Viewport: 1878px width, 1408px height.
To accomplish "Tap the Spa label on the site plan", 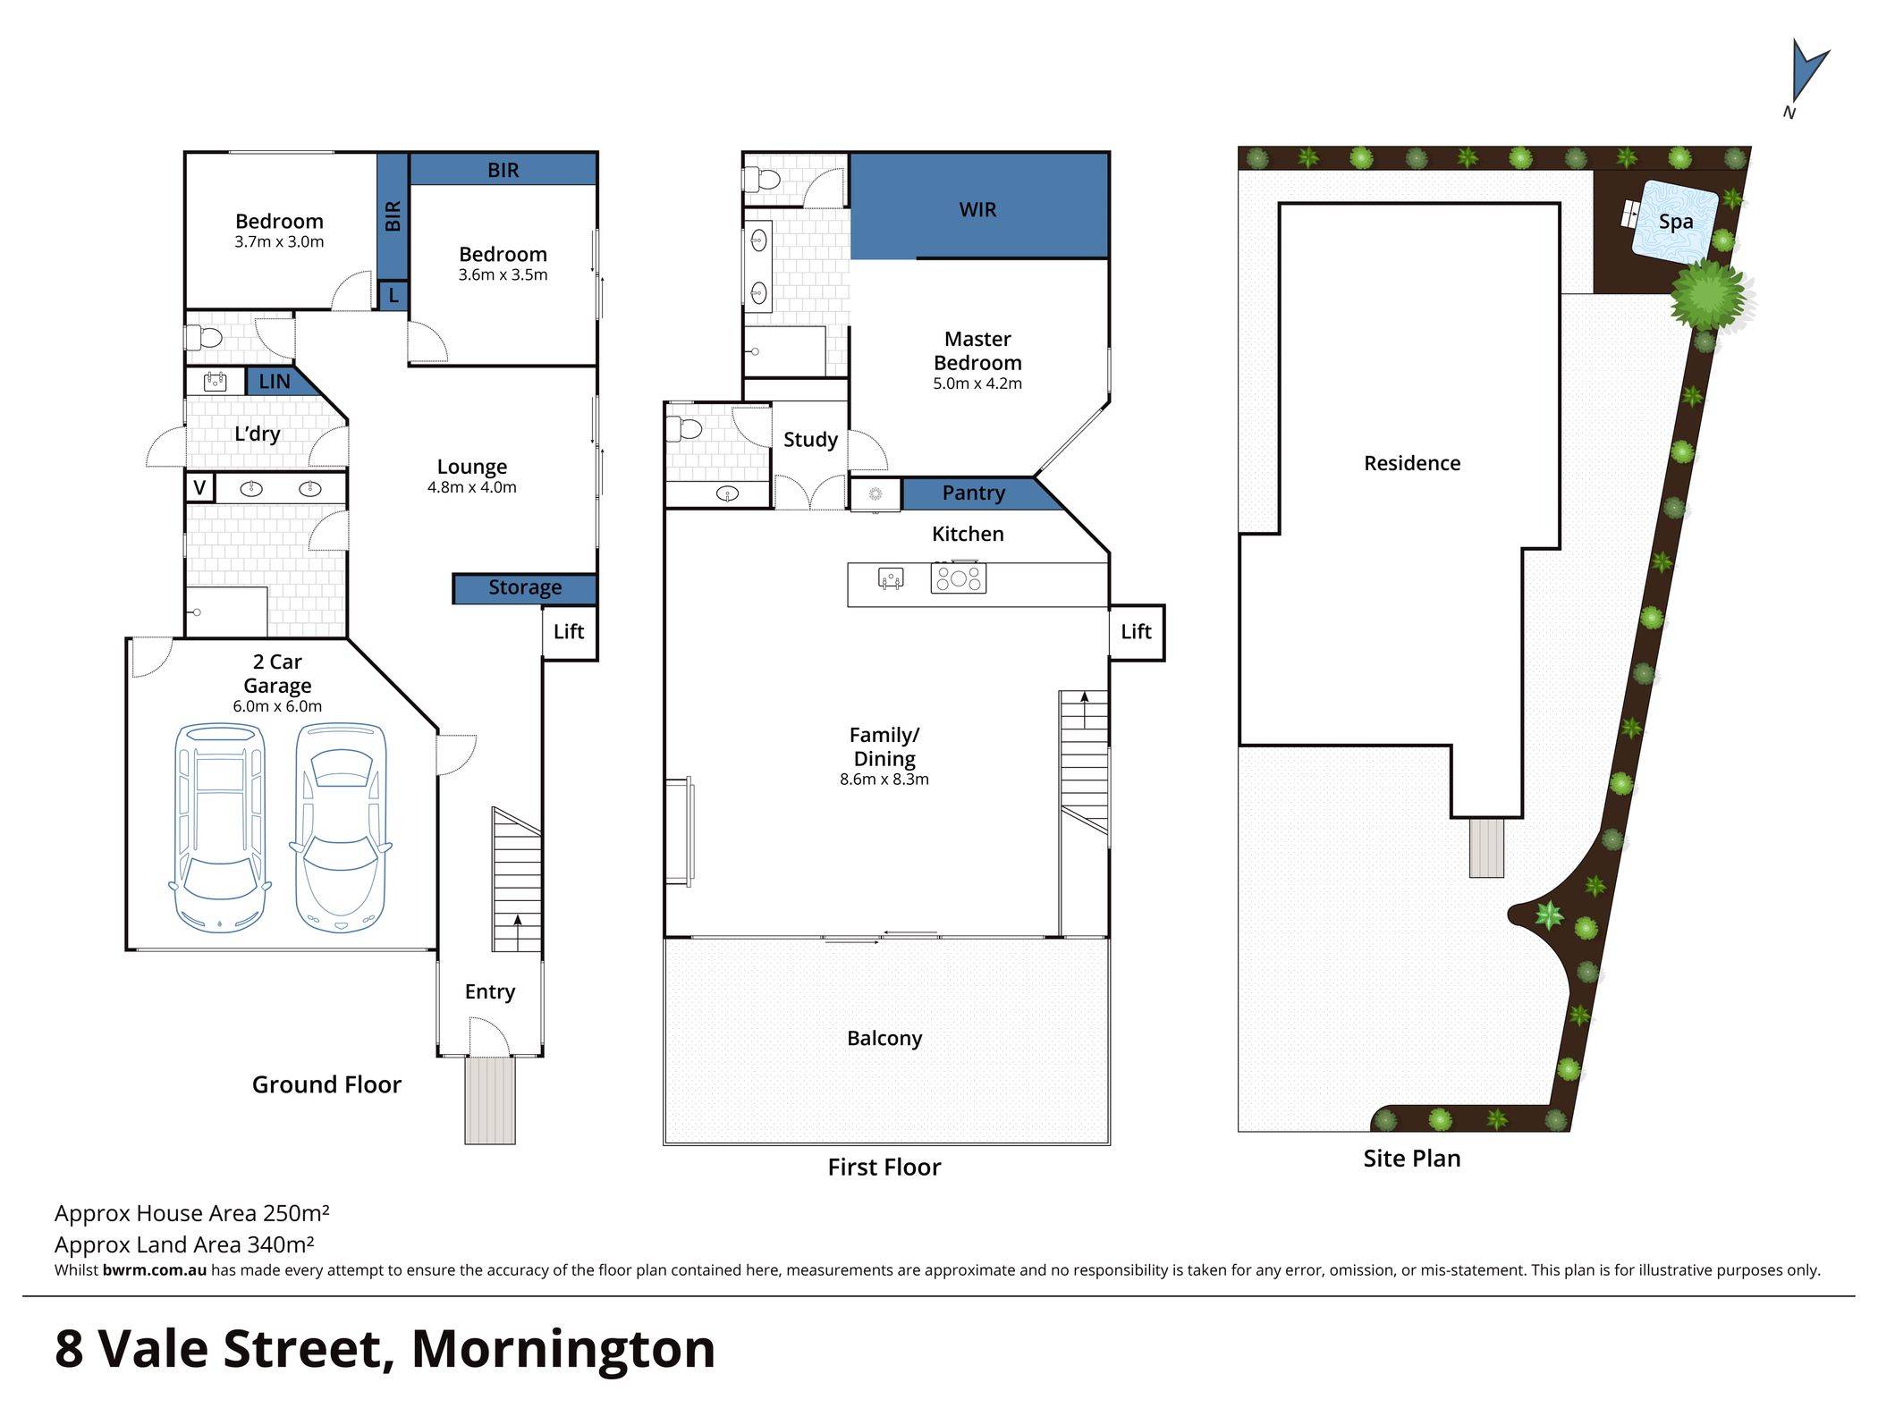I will click(x=1675, y=221).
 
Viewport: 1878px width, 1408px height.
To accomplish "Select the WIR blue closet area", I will click(x=977, y=208).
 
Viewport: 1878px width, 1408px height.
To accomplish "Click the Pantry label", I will click(x=973, y=493).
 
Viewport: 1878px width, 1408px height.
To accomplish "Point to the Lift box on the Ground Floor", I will click(x=569, y=632).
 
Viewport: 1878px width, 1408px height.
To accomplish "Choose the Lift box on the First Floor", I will click(x=1136, y=632).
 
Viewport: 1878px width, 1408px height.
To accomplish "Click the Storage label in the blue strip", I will click(x=525, y=587).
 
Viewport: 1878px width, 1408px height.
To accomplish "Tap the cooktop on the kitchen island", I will click(x=958, y=578).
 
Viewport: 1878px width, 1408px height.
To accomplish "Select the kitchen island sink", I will click(x=891, y=578).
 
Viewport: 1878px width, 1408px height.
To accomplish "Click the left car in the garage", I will click(x=220, y=827).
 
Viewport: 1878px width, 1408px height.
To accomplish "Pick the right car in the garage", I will click(x=341, y=827).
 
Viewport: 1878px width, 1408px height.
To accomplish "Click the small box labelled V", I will click(x=199, y=487).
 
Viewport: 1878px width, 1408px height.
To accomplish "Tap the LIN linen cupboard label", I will click(x=274, y=381).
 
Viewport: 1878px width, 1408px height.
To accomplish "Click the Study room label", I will click(x=810, y=439).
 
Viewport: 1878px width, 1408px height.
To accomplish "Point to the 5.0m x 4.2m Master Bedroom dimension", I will click(x=977, y=384).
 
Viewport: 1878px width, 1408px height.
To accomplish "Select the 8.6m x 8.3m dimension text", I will click(x=884, y=780).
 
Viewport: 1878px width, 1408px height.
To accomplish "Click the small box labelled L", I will click(x=393, y=295).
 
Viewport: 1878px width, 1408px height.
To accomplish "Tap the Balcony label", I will click(x=884, y=1038).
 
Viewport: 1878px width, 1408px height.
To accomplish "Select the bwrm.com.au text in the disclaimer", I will click(x=154, y=1269).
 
